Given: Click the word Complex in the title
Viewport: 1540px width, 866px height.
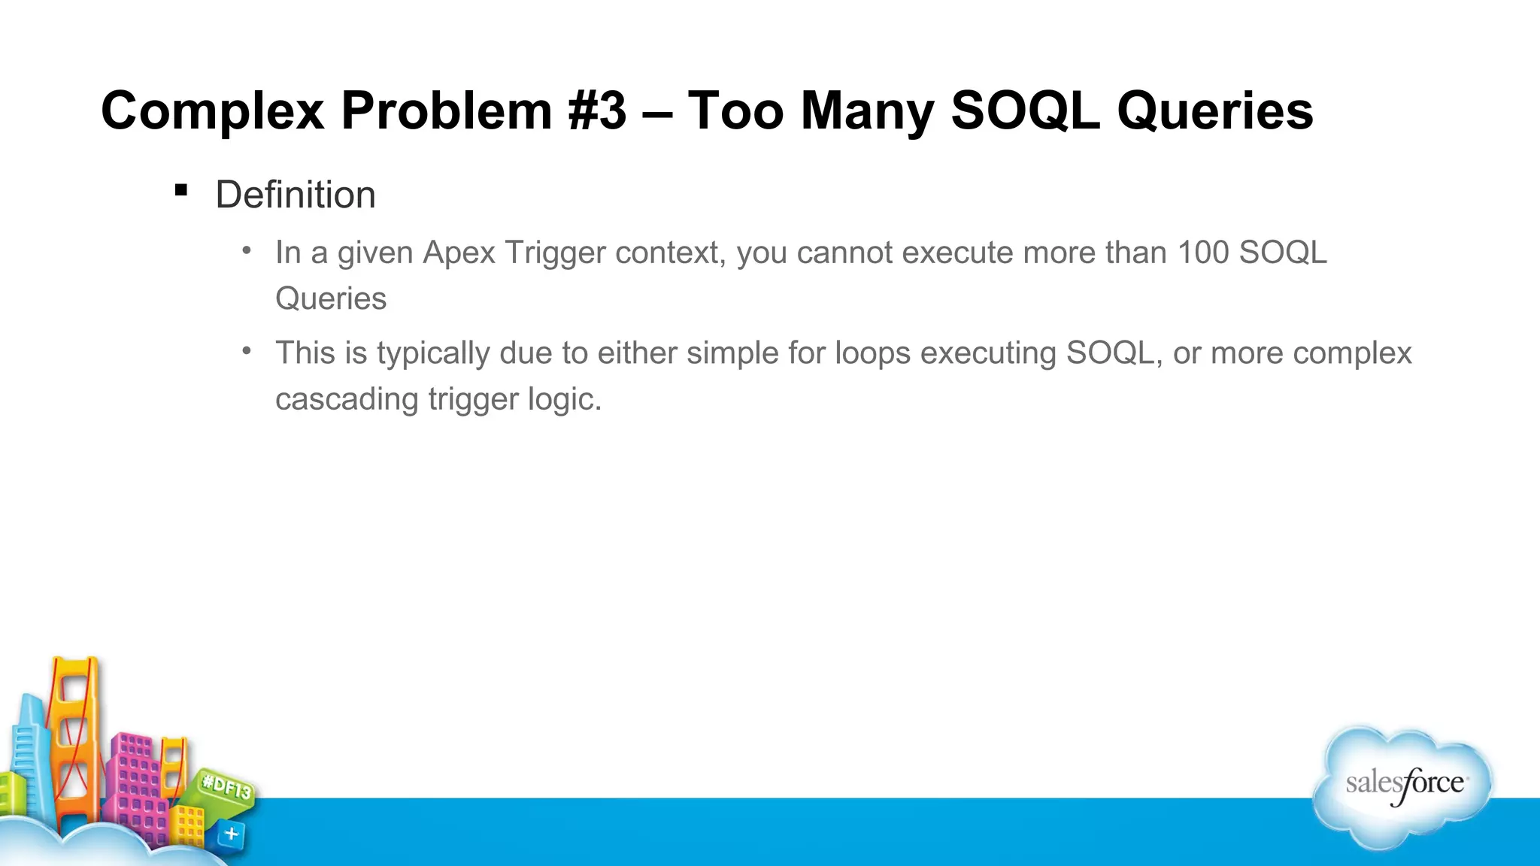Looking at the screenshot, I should (x=212, y=111).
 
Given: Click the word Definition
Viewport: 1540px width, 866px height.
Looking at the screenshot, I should (x=295, y=195).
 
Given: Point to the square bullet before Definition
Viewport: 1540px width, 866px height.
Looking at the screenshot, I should (x=180, y=190).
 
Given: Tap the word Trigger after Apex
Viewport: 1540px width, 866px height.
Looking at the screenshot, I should (x=555, y=253).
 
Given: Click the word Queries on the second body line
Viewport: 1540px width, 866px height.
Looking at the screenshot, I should (x=331, y=298).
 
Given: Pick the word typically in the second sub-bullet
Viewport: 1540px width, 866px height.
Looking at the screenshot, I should (x=433, y=353).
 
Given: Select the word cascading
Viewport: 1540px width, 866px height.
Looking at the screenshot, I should (x=346, y=399).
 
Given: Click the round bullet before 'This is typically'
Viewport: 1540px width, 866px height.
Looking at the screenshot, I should (x=247, y=350).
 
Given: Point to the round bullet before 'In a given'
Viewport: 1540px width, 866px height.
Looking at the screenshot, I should (x=247, y=250).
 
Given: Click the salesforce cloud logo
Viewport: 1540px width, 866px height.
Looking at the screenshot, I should (x=1403, y=786).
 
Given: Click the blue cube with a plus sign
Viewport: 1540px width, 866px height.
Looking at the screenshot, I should (x=231, y=834).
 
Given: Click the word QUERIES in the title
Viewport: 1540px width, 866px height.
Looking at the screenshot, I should (x=1214, y=111).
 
